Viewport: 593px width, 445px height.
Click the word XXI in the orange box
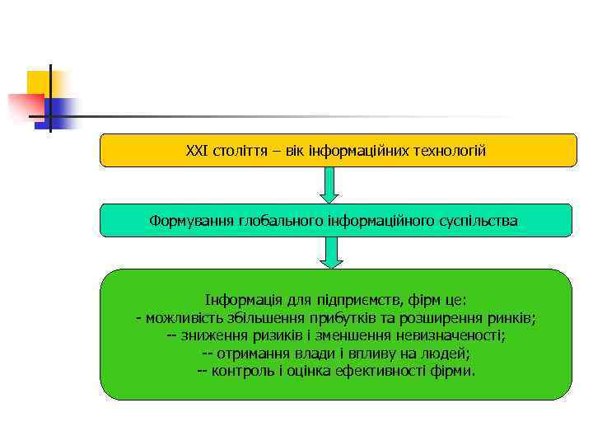(x=197, y=151)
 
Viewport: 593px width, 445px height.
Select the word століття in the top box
(x=239, y=151)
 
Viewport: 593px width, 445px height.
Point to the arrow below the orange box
(x=329, y=185)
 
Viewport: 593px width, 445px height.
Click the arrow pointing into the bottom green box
(x=330, y=252)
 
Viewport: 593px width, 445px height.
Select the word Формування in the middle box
(x=191, y=221)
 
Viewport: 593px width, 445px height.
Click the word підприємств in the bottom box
(x=359, y=301)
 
